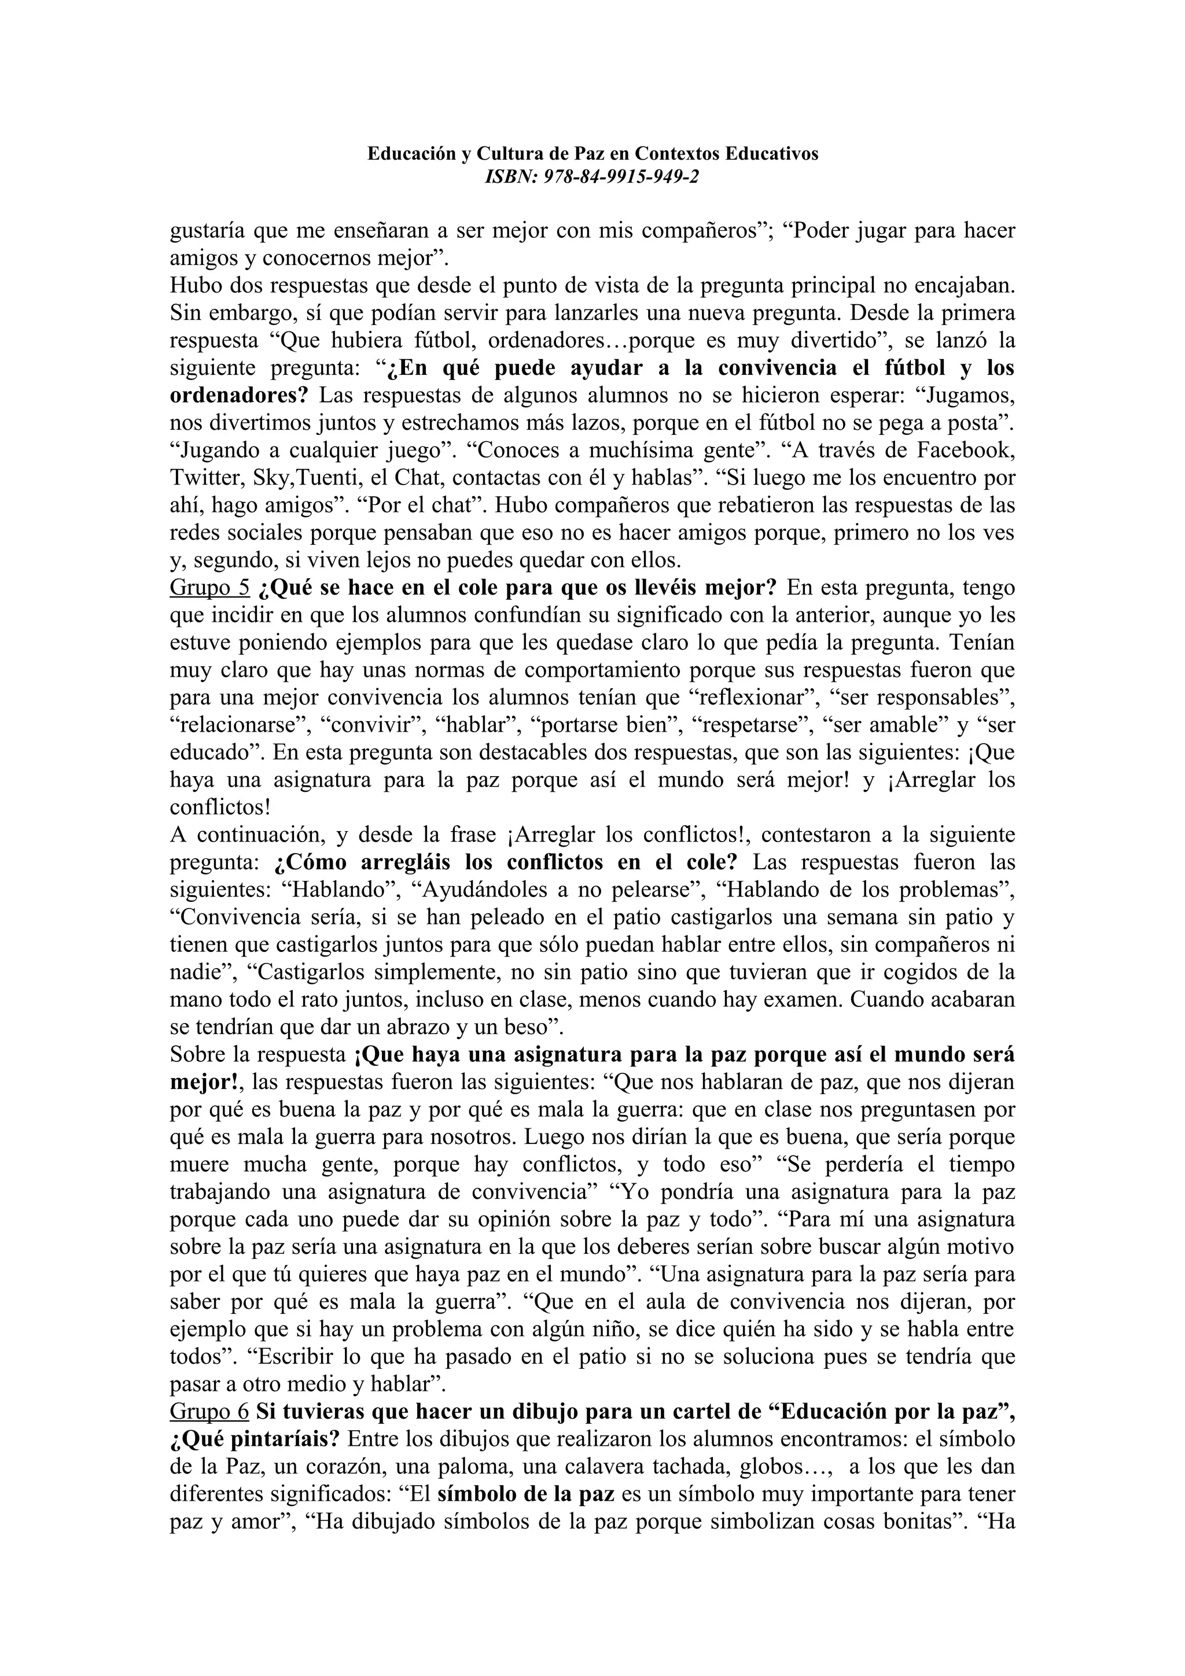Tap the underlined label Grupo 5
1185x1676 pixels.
(x=209, y=588)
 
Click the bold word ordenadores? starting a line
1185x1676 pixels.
(x=239, y=396)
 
